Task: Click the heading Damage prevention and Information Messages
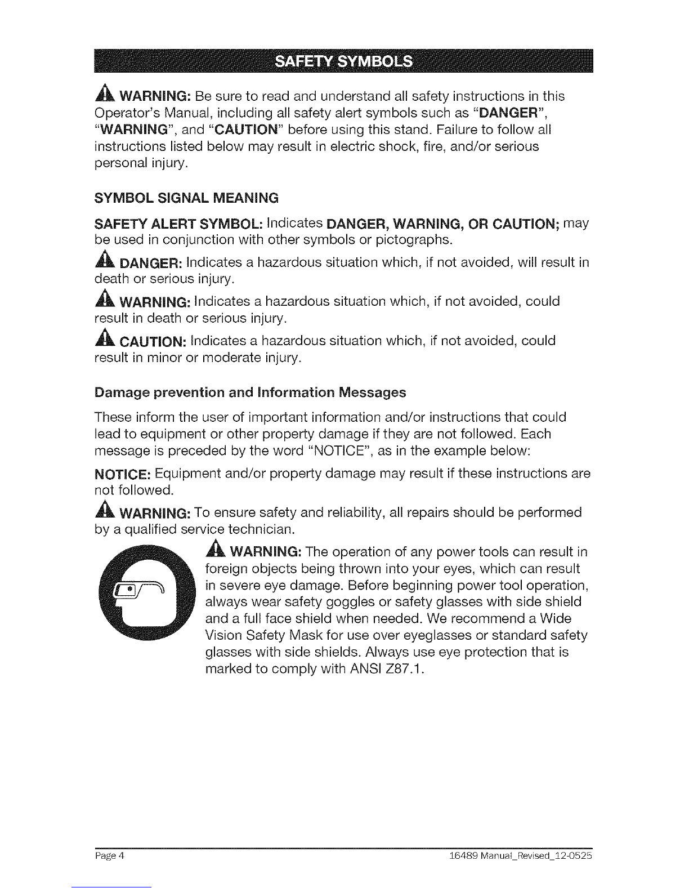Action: coord(249,392)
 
